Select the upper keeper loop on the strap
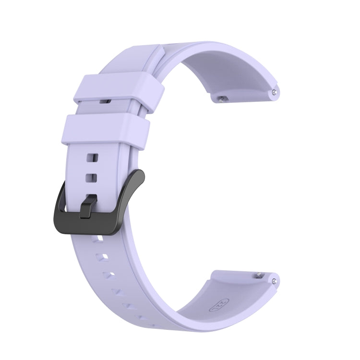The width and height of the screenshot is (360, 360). (x=118, y=86)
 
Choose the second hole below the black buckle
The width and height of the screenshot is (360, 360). (x=99, y=255)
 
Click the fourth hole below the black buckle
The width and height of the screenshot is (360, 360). (x=115, y=290)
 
